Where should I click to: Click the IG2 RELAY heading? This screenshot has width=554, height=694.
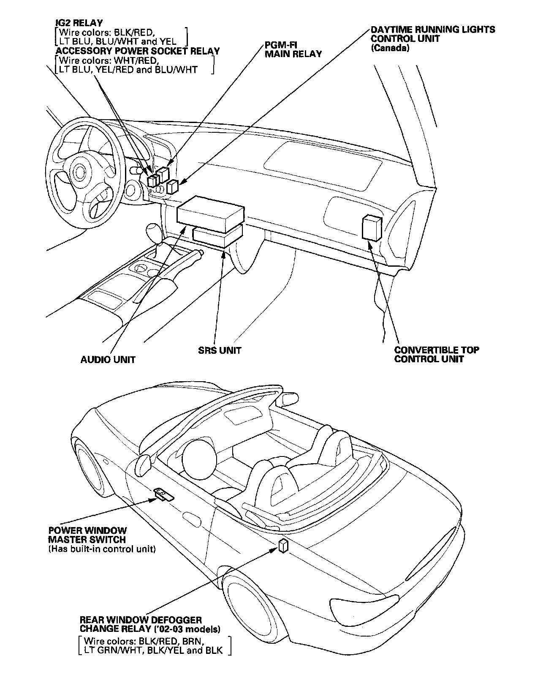[79, 23]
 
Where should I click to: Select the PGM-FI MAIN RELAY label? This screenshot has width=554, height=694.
[293, 49]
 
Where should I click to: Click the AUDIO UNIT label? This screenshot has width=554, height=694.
[108, 360]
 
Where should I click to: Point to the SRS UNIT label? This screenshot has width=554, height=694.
[220, 350]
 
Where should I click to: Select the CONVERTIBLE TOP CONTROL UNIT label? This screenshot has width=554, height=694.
[437, 355]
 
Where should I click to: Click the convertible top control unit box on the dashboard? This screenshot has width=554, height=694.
[372, 227]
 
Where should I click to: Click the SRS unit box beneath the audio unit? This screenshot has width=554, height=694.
[217, 237]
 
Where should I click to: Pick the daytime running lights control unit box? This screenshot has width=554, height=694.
[172, 186]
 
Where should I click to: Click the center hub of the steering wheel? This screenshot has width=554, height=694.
[79, 172]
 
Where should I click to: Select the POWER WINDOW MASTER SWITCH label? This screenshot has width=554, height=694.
[87, 535]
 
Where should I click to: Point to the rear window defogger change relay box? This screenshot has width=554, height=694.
[283, 546]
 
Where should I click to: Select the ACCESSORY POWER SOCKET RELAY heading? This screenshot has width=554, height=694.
[138, 51]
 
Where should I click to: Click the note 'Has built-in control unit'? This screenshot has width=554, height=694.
[102, 549]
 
